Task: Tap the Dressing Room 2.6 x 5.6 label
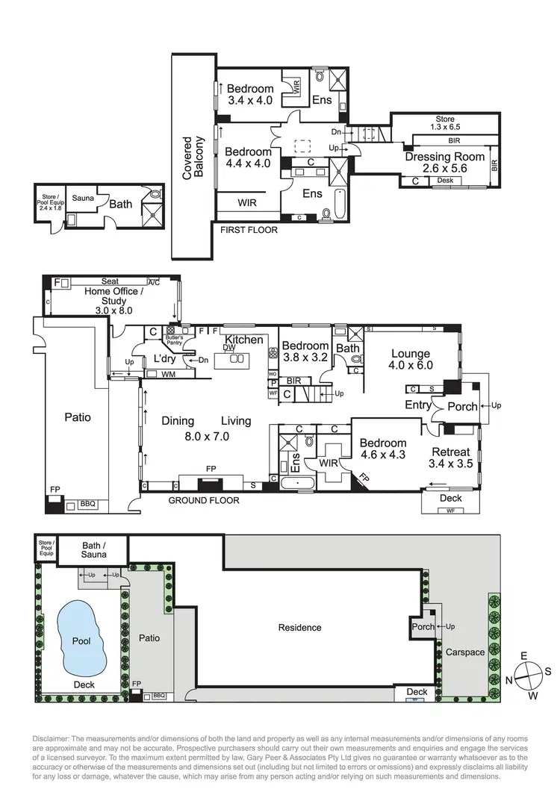[x=444, y=163]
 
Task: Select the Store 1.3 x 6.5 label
[x=445, y=123]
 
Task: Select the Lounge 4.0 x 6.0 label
[x=411, y=360]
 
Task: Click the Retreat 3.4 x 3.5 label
[x=450, y=458]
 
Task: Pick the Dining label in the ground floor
[x=178, y=421]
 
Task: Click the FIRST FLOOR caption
[x=249, y=230]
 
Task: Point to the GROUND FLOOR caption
[x=203, y=500]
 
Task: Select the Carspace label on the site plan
[x=465, y=652]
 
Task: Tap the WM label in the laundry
[x=168, y=374]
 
